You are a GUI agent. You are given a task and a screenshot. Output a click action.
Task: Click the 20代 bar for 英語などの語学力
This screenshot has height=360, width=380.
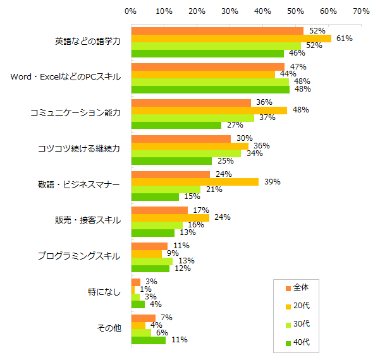click(x=231, y=39)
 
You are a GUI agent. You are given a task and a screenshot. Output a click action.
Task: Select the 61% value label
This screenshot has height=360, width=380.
click(x=344, y=39)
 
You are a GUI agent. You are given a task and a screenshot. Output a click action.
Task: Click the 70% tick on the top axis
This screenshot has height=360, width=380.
click(x=361, y=11)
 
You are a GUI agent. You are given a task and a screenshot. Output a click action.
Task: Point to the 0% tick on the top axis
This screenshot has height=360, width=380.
click(x=131, y=11)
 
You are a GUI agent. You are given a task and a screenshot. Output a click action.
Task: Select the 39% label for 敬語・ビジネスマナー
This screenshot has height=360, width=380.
click(x=272, y=182)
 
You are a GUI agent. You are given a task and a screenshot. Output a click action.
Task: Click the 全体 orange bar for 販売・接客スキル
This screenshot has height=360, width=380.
click(x=159, y=210)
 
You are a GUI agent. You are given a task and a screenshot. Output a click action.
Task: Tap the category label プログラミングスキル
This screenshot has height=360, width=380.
click(x=78, y=256)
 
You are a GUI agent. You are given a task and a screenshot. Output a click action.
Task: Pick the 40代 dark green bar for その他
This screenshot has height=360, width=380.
click(x=149, y=340)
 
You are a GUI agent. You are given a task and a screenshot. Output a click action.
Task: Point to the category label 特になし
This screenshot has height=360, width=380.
click(x=104, y=292)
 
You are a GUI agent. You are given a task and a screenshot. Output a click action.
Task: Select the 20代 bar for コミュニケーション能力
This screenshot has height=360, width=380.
click(x=209, y=111)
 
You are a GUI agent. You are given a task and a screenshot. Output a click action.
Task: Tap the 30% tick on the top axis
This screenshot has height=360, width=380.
click(x=230, y=11)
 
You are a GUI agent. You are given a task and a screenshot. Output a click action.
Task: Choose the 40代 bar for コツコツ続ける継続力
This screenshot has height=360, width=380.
click(x=171, y=161)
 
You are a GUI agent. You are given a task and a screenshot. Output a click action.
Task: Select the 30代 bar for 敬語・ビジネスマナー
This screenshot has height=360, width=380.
click(x=166, y=189)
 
